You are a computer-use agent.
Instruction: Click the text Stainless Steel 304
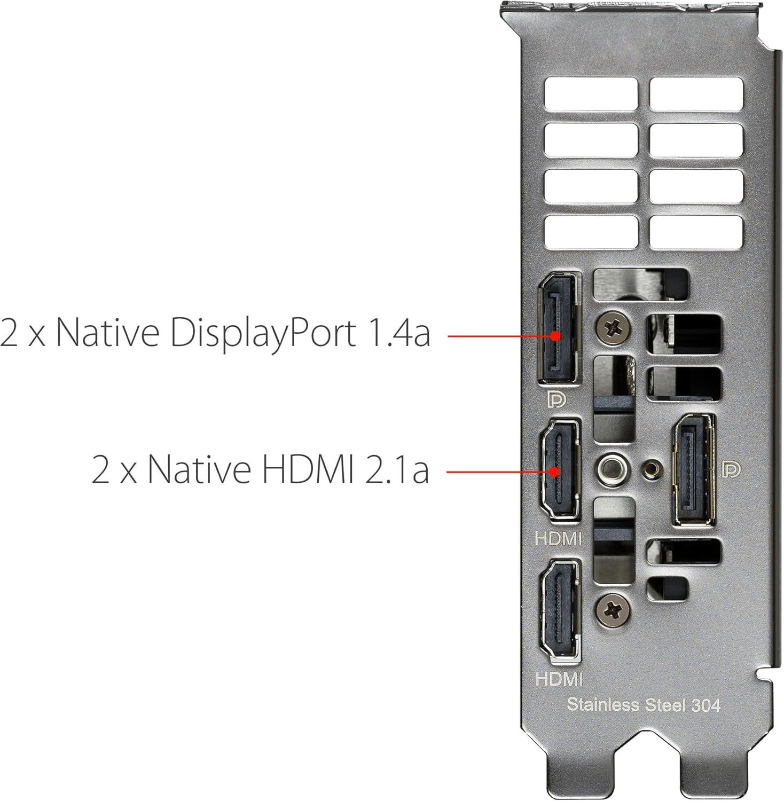pos(643,704)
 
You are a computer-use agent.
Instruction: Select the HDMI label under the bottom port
pos(559,679)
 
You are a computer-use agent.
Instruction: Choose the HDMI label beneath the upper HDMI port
pos(558,538)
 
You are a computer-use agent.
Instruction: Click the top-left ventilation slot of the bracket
pos(591,95)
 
